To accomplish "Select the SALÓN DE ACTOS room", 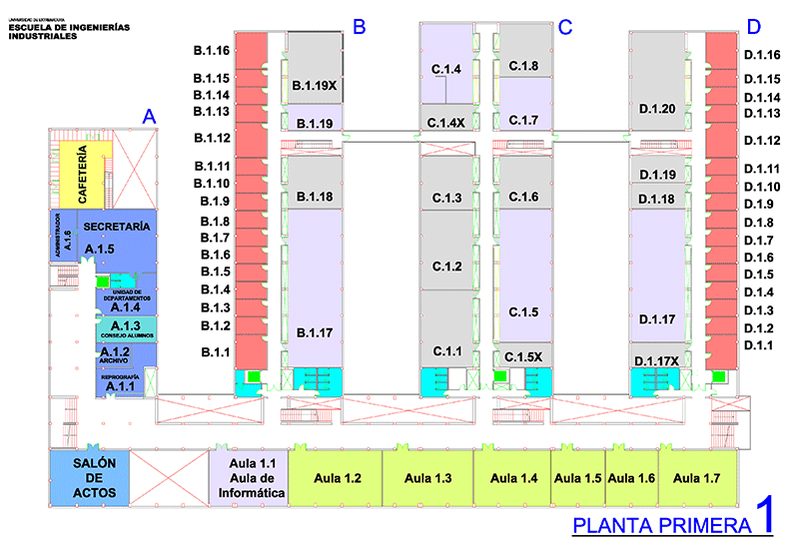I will click(89, 478).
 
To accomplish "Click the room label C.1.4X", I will click(446, 123).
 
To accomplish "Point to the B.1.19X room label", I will click(315, 87).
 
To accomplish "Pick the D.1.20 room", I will click(657, 108).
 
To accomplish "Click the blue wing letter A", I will click(149, 117).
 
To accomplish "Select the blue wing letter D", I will click(753, 27).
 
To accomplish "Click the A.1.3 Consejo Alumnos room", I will click(125, 328).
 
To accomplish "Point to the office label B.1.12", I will click(213, 138).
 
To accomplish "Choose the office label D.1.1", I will click(759, 344).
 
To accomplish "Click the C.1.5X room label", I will click(523, 356).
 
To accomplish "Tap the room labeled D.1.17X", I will click(656, 360).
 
